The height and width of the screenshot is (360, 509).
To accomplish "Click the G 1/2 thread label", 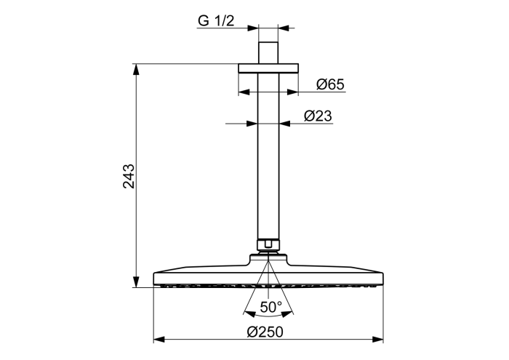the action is pos(216,21).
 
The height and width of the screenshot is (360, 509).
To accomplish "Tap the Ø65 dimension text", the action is pos(330,84).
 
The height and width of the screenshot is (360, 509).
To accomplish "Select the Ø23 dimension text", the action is pos(318,116).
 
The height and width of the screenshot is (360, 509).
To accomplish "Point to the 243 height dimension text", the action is pos(129,176).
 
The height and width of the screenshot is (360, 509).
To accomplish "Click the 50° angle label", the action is pos(271,306).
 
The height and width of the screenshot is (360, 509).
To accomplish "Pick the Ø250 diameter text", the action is pos(265,332).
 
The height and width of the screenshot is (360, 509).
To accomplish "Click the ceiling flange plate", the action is pos(268,68).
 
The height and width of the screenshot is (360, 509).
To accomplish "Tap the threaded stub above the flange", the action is pos(268,52).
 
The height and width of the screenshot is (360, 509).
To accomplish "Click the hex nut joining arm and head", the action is pos(268,245).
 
